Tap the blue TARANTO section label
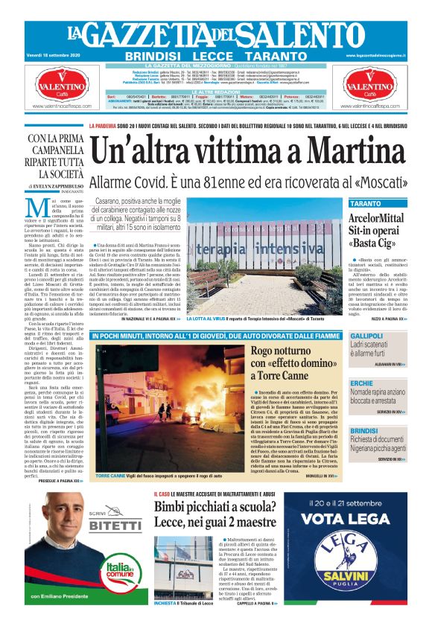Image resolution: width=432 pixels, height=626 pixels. click(365, 203)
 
